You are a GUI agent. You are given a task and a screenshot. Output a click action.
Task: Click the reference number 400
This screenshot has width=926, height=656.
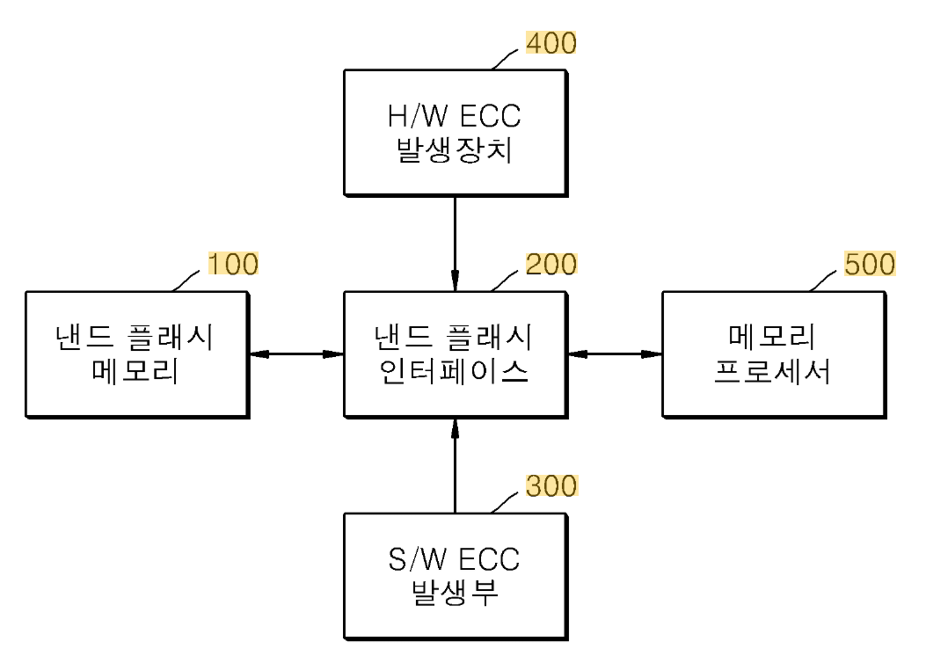[x=551, y=42]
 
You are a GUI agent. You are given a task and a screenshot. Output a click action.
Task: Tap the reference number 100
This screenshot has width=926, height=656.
[x=233, y=263]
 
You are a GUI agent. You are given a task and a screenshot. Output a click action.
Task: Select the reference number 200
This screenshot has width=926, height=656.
[x=551, y=263]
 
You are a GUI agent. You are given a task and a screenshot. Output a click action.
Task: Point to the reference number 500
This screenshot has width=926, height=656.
[x=870, y=263]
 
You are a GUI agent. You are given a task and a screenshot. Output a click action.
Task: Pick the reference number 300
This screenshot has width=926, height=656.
[x=551, y=485]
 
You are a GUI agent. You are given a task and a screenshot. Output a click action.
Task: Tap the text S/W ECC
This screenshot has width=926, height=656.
[x=455, y=558]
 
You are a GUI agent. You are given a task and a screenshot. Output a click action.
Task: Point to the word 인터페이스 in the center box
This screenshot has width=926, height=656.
[x=455, y=374]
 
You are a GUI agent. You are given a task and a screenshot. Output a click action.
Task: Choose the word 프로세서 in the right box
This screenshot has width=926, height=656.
[x=773, y=374]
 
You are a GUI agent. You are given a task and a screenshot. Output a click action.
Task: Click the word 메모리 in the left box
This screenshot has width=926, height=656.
[x=136, y=374]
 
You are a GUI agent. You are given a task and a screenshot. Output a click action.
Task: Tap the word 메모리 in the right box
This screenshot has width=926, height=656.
[x=773, y=337]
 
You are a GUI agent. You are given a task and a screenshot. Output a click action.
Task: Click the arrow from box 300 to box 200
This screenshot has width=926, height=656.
[x=455, y=466]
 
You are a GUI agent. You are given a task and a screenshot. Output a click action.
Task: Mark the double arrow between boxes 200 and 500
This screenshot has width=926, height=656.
[x=615, y=354]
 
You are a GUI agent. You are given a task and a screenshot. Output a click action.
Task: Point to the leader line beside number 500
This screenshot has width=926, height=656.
[x=825, y=279]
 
